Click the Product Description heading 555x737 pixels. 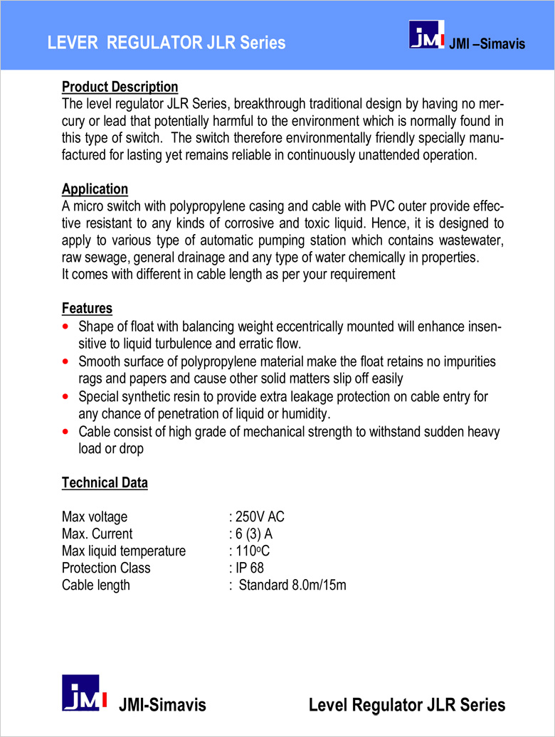click(120, 87)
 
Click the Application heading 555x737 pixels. click(95, 189)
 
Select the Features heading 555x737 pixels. click(87, 309)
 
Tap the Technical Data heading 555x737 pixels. click(105, 483)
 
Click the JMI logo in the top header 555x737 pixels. click(427, 37)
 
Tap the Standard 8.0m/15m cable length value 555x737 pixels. click(292, 585)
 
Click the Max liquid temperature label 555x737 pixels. click(124, 551)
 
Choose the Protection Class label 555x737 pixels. click(106, 568)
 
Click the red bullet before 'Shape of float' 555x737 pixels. click(66, 327)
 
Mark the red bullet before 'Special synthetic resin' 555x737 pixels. click(66, 397)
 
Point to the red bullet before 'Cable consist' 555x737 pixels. click(66, 432)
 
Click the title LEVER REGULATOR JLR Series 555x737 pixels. click(166, 43)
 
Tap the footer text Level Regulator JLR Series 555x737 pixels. click(407, 705)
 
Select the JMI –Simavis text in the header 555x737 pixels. click(487, 44)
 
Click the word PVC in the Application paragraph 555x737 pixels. click(383, 206)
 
